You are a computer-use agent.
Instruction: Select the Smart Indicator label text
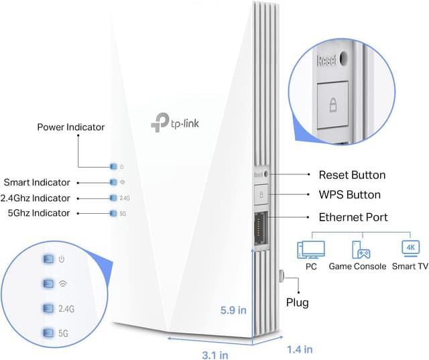click(x=36, y=182)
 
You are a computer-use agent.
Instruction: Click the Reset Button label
click(x=352, y=175)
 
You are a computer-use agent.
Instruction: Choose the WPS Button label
click(x=349, y=195)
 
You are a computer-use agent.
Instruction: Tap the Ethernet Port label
click(x=353, y=217)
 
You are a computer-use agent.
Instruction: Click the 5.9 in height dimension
click(x=234, y=310)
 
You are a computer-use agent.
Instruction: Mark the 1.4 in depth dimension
click(x=298, y=349)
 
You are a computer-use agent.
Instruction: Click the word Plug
click(x=297, y=302)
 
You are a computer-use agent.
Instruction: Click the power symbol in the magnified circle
click(x=62, y=259)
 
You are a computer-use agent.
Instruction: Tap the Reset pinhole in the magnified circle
click(x=343, y=58)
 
